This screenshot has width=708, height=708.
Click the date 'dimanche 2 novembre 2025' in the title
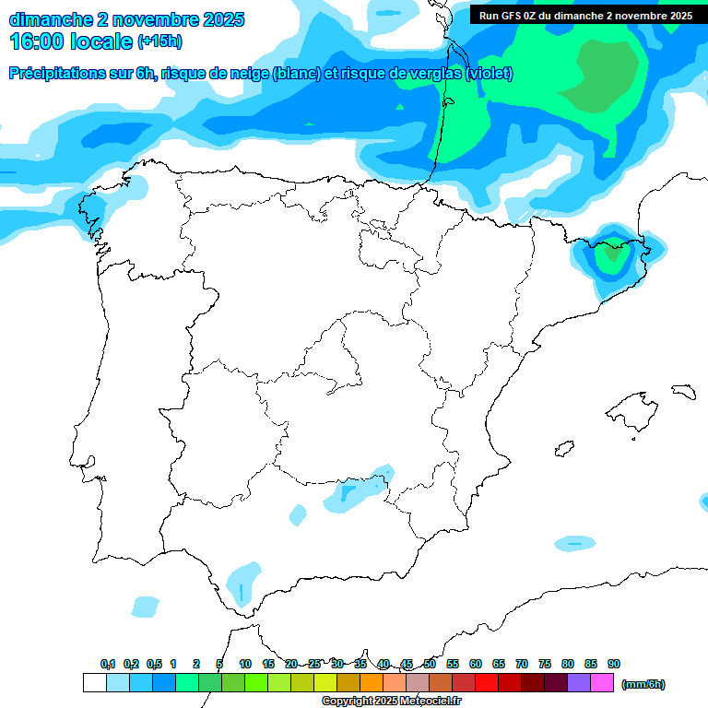[126, 19]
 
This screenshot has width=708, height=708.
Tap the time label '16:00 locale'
[70, 41]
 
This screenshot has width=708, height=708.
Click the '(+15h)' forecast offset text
[160, 41]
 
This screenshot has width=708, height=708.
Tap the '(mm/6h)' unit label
[643, 684]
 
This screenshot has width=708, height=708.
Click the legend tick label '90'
[614, 664]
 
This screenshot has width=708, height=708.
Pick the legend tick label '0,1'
[108, 664]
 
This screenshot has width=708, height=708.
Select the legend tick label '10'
[245, 664]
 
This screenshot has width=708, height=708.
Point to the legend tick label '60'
[476, 664]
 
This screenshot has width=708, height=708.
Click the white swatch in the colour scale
[94, 683]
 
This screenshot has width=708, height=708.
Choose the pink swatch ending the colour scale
[602, 683]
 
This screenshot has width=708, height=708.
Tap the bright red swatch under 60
[487, 683]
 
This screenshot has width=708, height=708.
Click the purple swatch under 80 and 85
[579, 683]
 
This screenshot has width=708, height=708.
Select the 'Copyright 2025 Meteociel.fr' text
[391, 702]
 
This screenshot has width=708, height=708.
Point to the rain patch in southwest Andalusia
[243, 583]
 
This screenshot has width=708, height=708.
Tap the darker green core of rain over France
[601, 74]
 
